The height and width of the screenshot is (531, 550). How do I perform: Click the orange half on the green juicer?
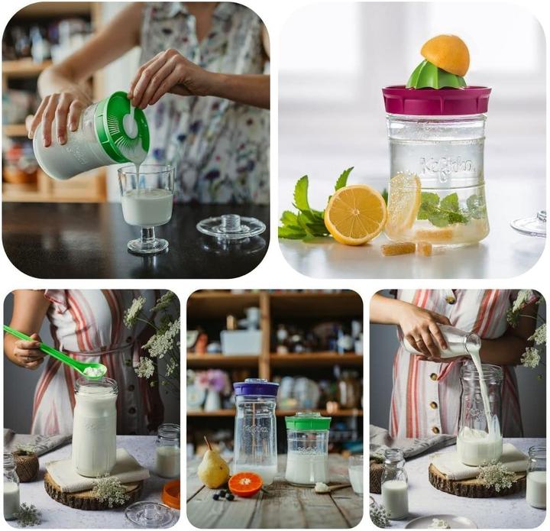tap(445, 54)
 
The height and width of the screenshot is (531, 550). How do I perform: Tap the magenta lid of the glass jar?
tap(436, 100)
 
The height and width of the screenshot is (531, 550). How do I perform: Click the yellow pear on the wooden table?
tap(213, 468)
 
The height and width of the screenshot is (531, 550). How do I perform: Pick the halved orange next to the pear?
tap(245, 484)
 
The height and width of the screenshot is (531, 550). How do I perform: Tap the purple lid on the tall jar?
tap(255, 388)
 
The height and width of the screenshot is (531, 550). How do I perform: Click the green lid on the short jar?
tap(308, 421)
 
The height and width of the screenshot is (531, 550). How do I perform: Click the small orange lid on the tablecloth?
tap(172, 493)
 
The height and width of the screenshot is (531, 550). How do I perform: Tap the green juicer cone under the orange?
tap(435, 76)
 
